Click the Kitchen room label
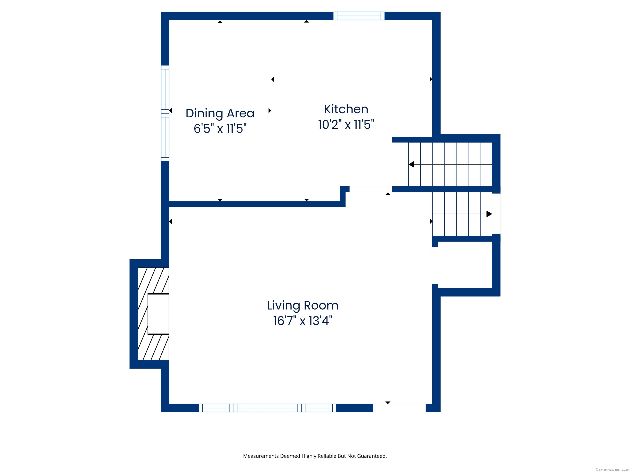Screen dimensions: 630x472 [346, 109]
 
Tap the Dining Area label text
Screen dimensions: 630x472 [220, 113]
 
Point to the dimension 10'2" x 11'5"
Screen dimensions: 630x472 [346, 125]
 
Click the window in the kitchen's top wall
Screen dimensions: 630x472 [359, 16]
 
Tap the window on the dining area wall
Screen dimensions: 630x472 [165, 113]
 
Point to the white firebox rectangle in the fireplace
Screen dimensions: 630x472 [158, 314]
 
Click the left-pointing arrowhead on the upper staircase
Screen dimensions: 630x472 [411, 165]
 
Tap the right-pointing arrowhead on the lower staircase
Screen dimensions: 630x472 [489, 214]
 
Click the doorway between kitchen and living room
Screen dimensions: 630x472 [371, 189]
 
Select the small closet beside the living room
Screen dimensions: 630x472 [465, 265]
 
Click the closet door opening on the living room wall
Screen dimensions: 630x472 [435, 265]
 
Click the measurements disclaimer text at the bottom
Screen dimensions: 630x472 [315, 456]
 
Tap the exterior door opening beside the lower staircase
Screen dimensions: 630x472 [496, 214]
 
